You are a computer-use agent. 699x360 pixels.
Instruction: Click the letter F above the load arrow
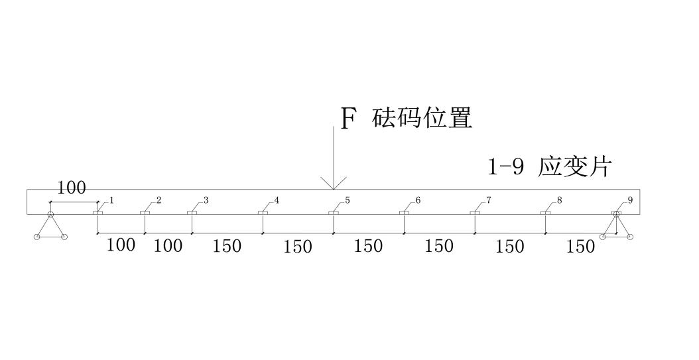click(x=348, y=119)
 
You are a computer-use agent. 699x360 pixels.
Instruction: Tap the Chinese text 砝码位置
click(x=423, y=118)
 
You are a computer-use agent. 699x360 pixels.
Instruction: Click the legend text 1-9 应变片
click(x=548, y=166)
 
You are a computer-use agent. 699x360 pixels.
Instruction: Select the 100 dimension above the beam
click(x=71, y=188)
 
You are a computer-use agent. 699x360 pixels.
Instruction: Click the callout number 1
click(x=112, y=200)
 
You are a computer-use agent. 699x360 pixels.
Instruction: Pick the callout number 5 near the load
click(x=348, y=200)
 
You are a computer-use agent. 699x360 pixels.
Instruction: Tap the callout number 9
click(x=630, y=200)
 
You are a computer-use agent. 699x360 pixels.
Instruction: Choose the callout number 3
click(x=206, y=200)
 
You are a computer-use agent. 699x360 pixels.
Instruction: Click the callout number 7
click(x=489, y=200)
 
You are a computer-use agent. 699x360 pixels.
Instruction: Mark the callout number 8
click(x=560, y=200)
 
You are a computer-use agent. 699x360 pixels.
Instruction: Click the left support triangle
click(x=50, y=227)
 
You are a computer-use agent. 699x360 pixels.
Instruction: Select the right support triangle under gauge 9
click(x=617, y=227)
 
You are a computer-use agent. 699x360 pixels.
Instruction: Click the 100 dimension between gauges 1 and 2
click(x=121, y=245)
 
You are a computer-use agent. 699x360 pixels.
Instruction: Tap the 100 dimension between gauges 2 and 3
click(x=168, y=246)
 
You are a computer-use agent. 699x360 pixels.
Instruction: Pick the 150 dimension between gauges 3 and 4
click(x=227, y=246)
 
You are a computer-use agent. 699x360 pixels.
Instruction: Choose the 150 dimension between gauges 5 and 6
click(x=368, y=246)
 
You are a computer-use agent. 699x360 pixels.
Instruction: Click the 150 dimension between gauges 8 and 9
click(x=581, y=246)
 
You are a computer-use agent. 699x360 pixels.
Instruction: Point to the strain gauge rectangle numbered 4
click(x=263, y=213)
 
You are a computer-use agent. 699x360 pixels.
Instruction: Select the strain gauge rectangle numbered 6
click(x=404, y=213)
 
